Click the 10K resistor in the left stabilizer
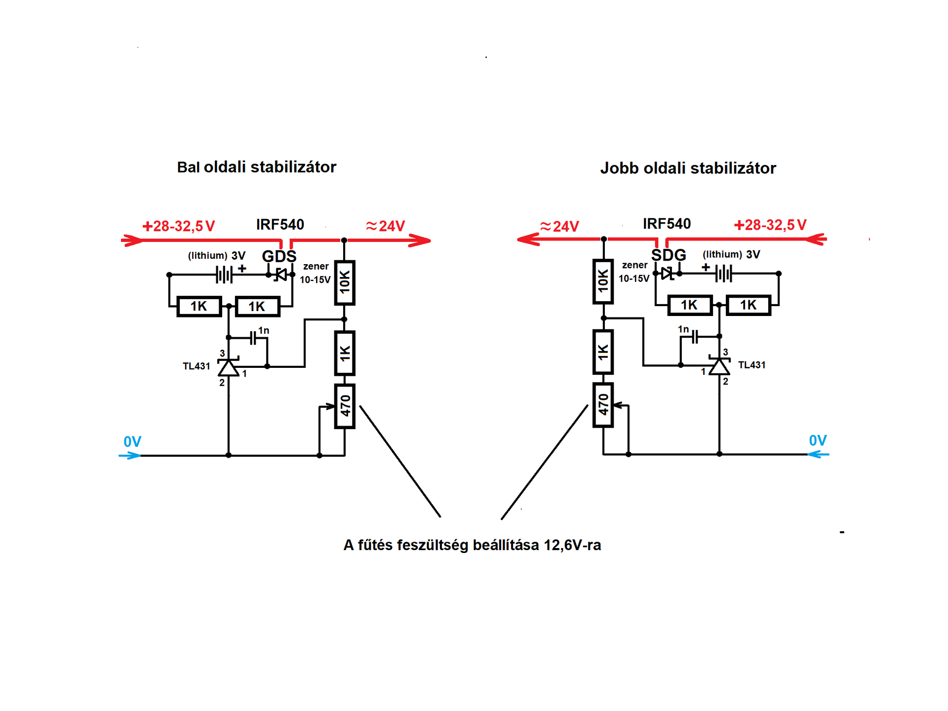pos(345,283)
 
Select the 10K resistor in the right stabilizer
pos(603,281)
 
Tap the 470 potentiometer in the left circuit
pos(345,406)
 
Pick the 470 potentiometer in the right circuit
pos(603,405)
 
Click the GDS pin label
pos(279,256)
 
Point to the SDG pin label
pos(669,255)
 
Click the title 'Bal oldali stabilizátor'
pos(257,167)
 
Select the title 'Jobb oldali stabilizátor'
pos(688,168)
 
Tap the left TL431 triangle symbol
pos(228,368)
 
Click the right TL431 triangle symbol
pos(719,367)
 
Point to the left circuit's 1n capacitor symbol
pos(254,338)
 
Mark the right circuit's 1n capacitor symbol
pos(695,337)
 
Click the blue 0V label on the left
pos(132,441)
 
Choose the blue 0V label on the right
pos(818,440)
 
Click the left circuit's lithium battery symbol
pos(224,275)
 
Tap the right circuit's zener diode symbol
pos(668,273)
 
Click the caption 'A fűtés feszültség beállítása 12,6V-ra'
pos(472,545)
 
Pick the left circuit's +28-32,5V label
pos(179,226)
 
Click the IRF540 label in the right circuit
pos(667,224)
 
